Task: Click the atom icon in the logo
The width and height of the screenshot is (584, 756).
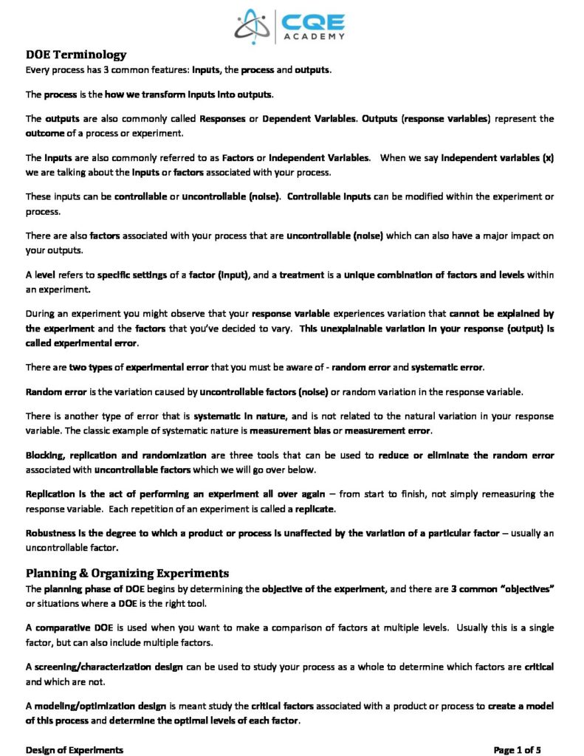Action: [x=253, y=27]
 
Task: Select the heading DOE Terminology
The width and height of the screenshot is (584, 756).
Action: [x=76, y=55]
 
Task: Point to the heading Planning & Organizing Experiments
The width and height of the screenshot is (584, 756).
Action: [x=127, y=573]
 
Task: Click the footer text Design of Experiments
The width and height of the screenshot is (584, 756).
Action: [x=75, y=750]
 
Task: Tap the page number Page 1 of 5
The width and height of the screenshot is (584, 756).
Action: [x=518, y=750]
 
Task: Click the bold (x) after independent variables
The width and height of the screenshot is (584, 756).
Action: [x=548, y=158]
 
